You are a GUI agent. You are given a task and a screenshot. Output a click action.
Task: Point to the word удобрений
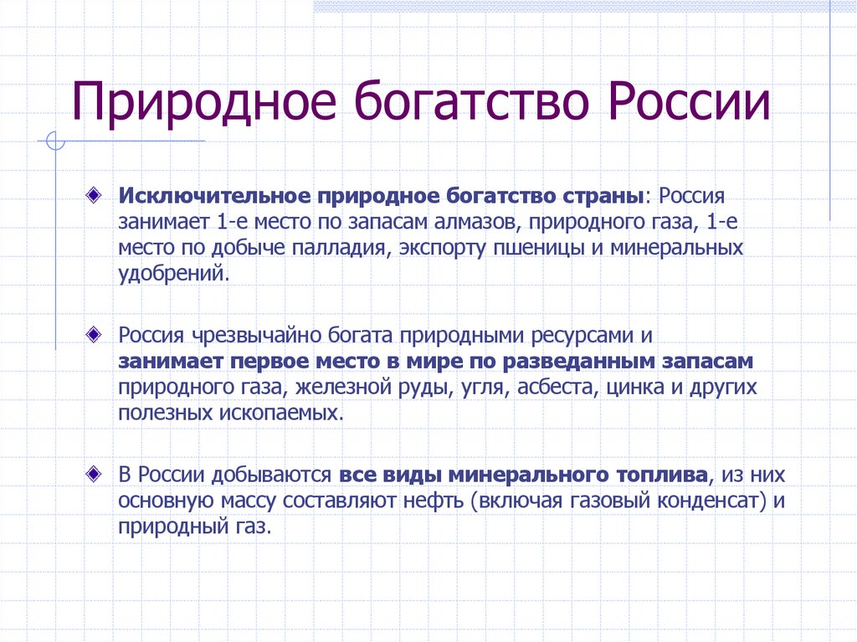click(x=172, y=274)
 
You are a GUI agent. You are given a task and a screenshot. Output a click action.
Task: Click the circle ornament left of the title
click(x=56, y=141)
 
